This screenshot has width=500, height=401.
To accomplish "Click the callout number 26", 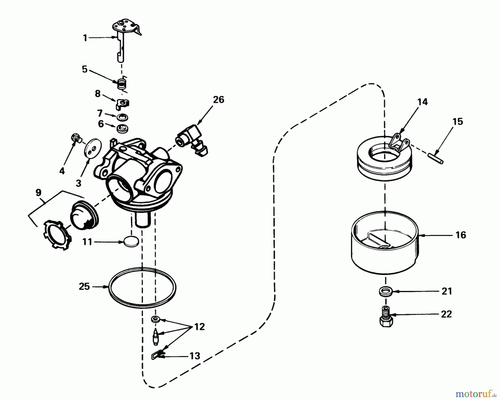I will pyautogui.click(x=218, y=99).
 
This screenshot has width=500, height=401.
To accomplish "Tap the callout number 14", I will pyautogui.click(x=422, y=102).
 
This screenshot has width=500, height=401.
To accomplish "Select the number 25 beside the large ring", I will pyautogui.click(x=84, y=286).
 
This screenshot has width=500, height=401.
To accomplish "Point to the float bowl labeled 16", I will pyautogui.click(x=385, y=250).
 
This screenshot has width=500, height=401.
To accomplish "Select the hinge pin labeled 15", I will pyautogui.click(x=435, y=157).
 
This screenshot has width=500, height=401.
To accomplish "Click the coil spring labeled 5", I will pyautogui.click(x=121, y=84).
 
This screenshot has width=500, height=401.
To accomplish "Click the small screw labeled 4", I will pyautogui.click(x=76, y=137).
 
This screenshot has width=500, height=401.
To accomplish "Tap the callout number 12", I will pyautogui.click(x=199, y=327).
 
